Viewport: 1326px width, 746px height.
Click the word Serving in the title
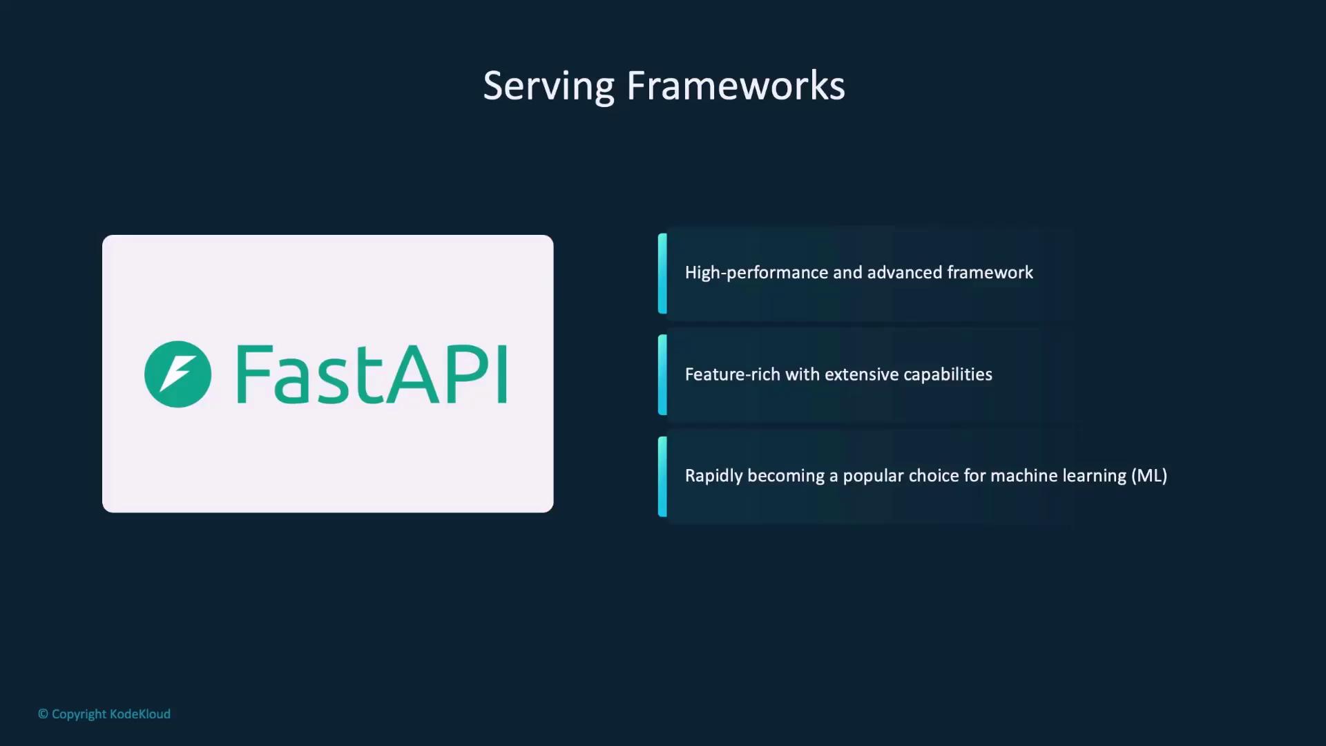click(548, 86)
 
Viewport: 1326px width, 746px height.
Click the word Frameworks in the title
click(736, 86)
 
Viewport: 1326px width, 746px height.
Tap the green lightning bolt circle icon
click(177, 374)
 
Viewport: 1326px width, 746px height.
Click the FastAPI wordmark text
click(372, 374)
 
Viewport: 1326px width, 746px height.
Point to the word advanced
click(904, 273)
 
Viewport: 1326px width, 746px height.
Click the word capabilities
click(948, 374)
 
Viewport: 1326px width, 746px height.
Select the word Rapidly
click(713, 476)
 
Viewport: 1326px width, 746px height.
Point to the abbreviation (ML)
click(1149, 476)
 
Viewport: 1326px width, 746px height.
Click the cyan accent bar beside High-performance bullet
click(662, 274)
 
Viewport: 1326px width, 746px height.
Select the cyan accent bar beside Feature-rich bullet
click(662, 375)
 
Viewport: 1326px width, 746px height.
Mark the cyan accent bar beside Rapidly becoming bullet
click(662, 477)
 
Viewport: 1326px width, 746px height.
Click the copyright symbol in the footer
click(43, 714)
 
